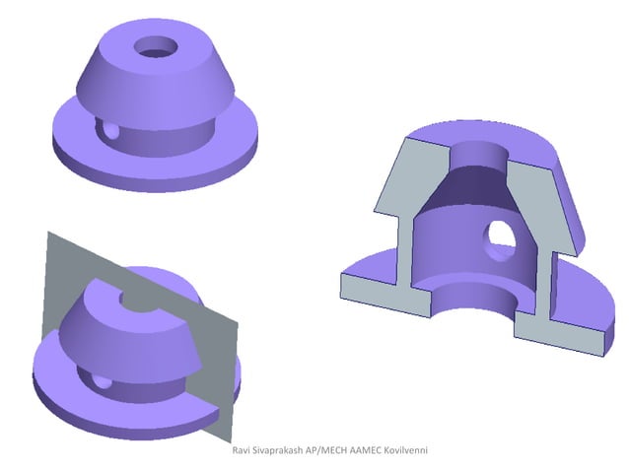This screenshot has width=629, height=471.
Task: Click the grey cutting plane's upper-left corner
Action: tap(46, 235)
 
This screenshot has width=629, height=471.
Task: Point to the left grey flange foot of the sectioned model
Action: tap(375, 286)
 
